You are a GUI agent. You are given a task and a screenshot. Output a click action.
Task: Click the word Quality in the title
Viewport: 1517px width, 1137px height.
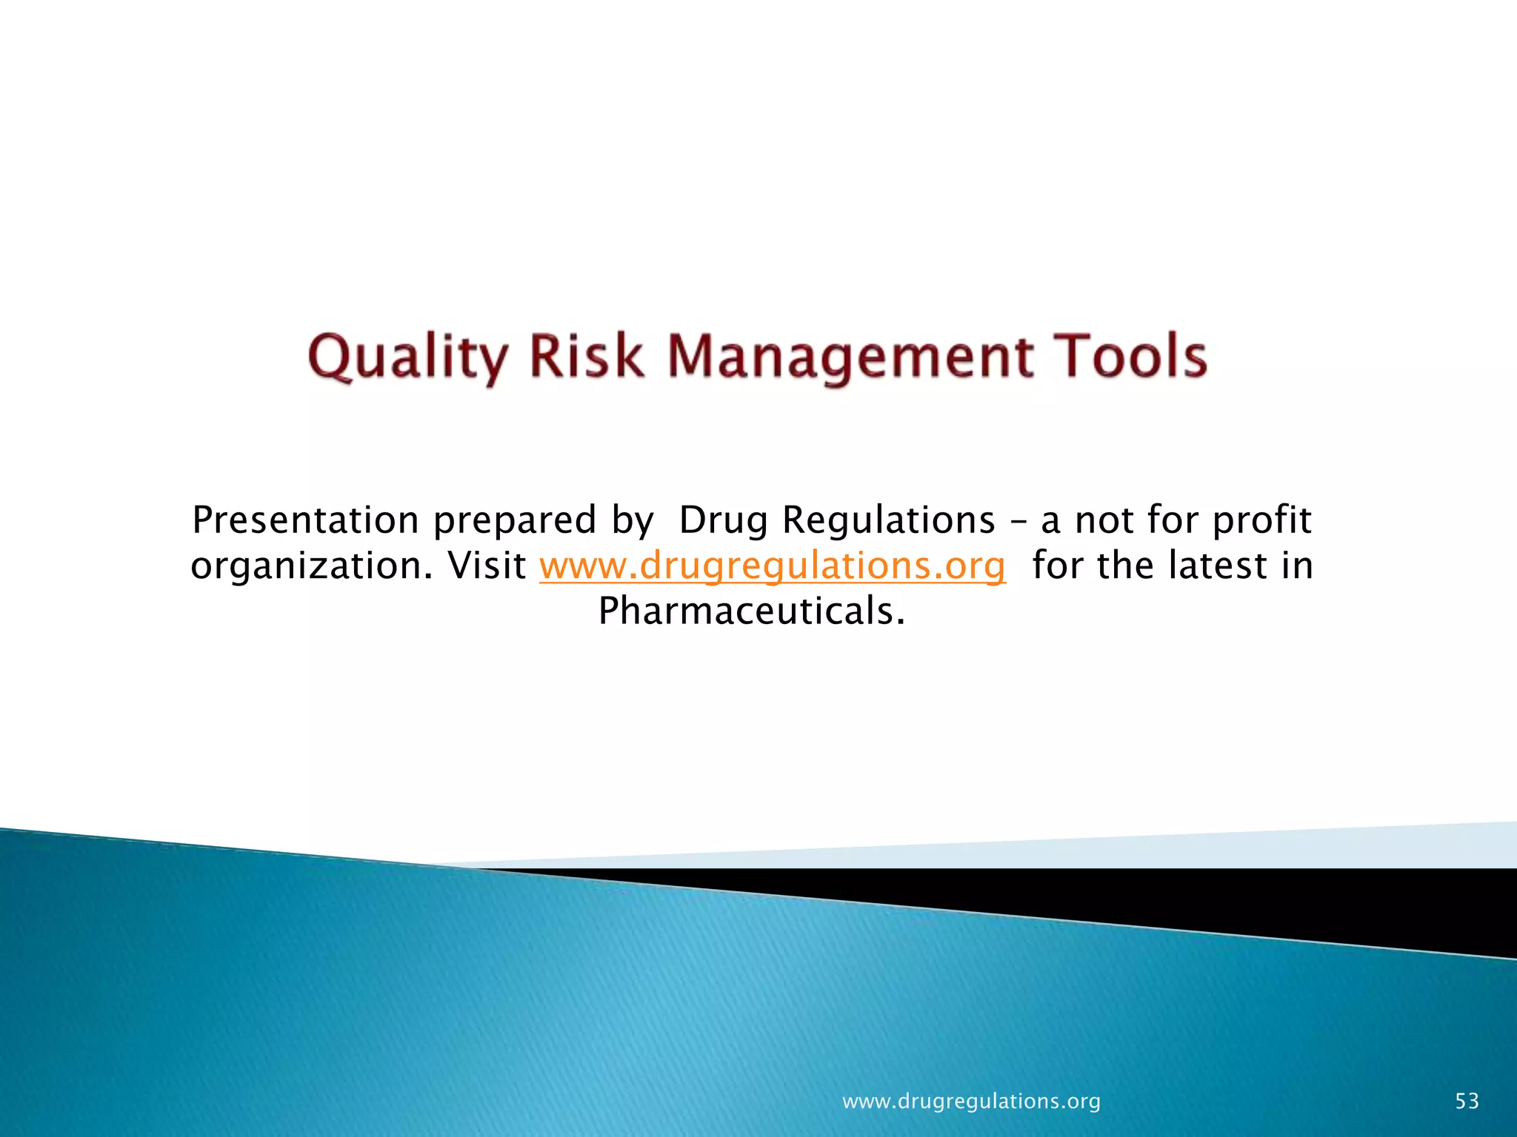tap(407, 358)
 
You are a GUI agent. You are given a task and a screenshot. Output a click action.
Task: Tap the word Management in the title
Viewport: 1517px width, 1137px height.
tap(851, 358)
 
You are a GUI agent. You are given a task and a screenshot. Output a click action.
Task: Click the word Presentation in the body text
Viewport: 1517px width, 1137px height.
tap(305, 520)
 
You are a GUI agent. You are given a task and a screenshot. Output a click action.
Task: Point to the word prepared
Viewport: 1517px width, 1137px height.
tap(514, 521)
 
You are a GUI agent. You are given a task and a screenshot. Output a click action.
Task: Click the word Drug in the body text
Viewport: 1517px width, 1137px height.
tap(723, 521)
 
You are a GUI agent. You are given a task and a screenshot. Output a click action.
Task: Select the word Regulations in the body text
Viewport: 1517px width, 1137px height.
tap(889, 521)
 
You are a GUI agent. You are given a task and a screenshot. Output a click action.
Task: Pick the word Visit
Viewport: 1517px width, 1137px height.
tap(487, 566)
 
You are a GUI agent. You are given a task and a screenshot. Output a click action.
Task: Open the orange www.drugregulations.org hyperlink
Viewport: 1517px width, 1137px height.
tap(772, 567)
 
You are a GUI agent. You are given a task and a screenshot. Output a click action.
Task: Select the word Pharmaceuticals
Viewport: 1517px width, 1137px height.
tap(751, 611)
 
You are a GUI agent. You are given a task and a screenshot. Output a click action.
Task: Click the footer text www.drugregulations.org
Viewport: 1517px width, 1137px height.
tap(971, 1101)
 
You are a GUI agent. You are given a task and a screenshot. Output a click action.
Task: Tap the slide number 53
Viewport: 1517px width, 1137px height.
tap(1467, 1101)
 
